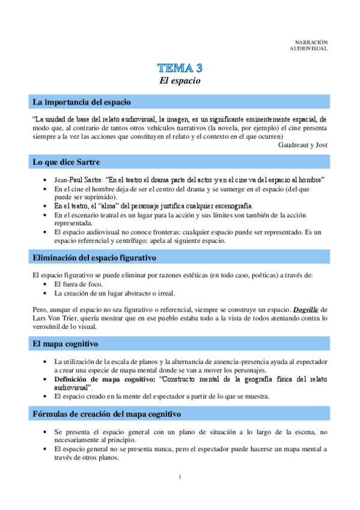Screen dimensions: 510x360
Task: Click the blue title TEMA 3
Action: (x=180, y=67)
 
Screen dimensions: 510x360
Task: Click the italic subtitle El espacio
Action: (x=180, y=80)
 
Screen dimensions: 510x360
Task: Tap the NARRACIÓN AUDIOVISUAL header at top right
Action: (x=311, y=45)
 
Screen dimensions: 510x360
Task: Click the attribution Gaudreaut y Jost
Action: (x=303, y=144)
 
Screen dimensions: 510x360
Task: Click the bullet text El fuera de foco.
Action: (x=78, y=284)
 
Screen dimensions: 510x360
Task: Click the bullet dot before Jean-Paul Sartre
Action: (x=46, y=180)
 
